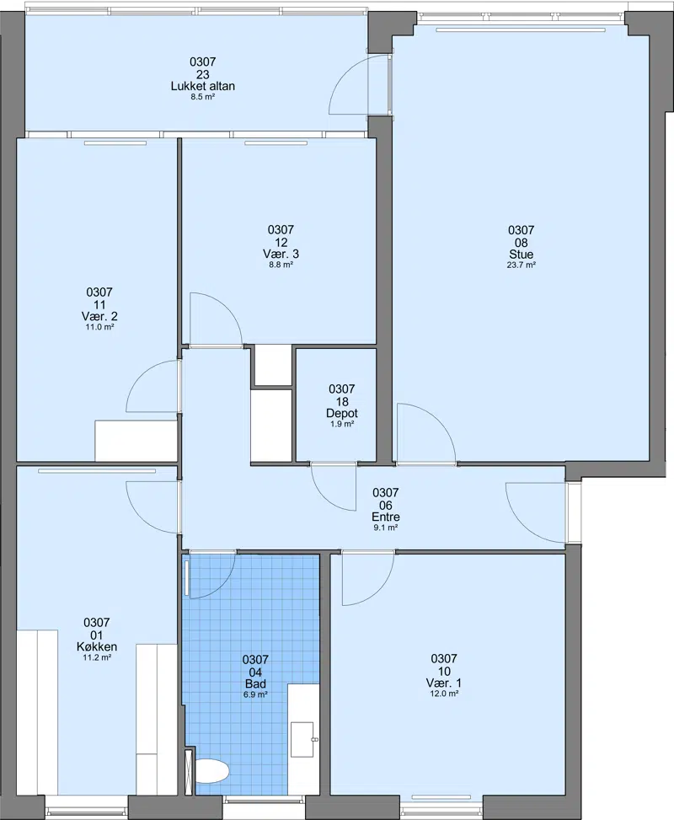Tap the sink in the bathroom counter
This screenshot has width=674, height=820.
tap(302, 739)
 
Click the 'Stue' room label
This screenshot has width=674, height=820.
tap(522, 255)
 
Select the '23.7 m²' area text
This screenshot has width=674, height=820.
tap(522, 265)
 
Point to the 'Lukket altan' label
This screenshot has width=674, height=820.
tap(203, 86)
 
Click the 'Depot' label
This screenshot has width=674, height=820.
tap(342, 413)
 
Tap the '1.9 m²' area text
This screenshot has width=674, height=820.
tap(342, 424)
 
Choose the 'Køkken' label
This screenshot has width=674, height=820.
tap(97, 647)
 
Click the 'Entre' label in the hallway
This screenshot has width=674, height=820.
tap(386, 517)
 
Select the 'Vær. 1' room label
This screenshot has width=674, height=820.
tap(444, 683)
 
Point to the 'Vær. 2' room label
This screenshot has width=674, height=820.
tap(99, 316)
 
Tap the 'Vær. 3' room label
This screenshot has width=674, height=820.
tap(281, 255)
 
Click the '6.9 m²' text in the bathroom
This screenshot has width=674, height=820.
tap(255, 694)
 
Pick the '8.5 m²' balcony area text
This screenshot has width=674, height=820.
tap(203, 97)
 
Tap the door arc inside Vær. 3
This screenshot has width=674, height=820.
tap(226, 305)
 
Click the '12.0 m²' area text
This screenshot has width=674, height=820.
tap(444, 694)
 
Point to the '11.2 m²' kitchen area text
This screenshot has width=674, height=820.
tap(97, 657)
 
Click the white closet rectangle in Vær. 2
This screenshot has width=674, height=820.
tap(136, 440)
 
